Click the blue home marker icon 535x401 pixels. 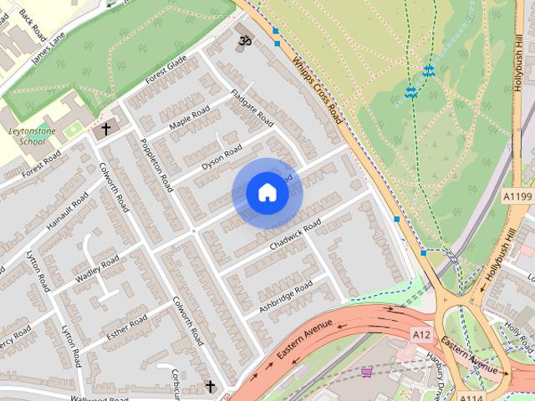click(x=267, y=193)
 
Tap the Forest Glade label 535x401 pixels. click(x=165, y=74)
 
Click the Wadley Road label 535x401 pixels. click(x=99, y=271)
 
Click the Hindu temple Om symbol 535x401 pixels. click(x=245, y=41)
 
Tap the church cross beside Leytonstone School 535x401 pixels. click(x=105, y=129)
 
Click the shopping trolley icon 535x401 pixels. click(x=365, y=372)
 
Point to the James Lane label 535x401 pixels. click(x=47, y=49)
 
